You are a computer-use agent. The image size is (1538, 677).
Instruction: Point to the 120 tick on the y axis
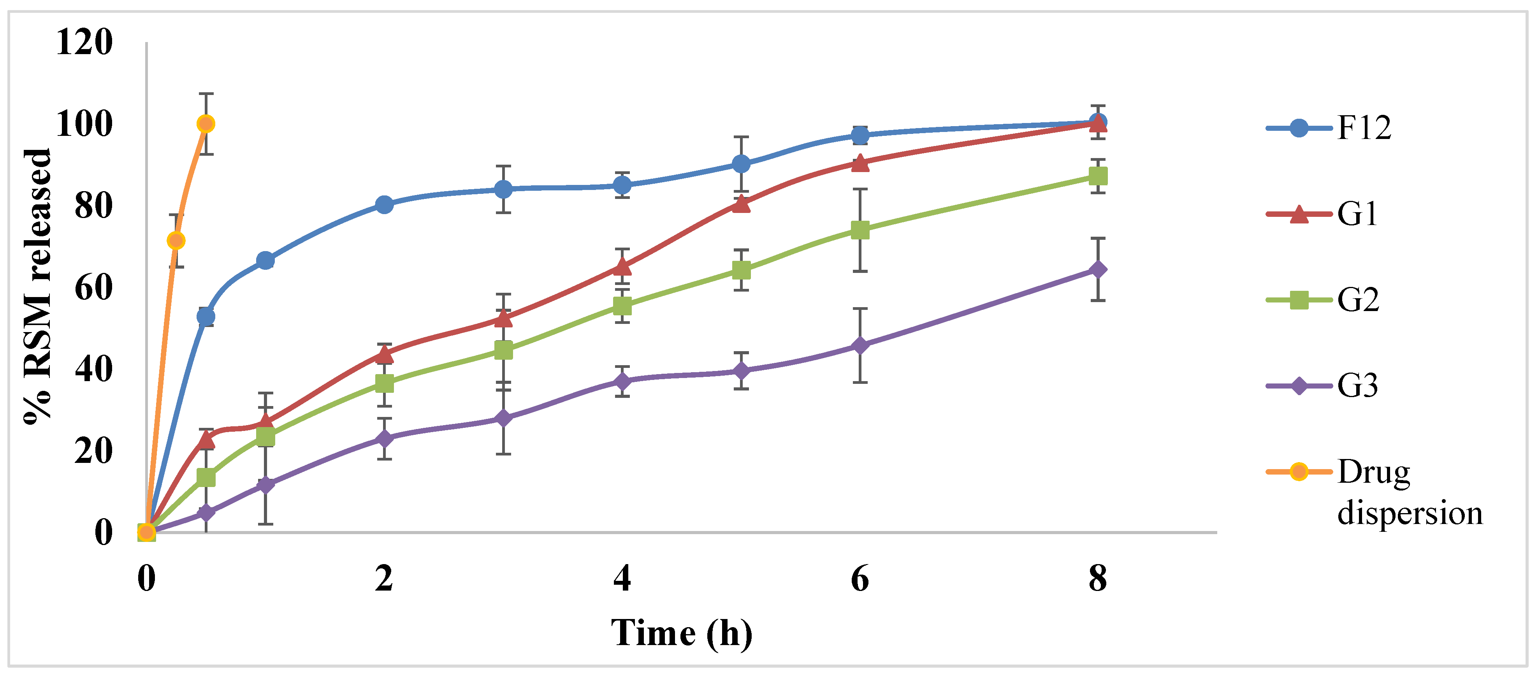pyautogui.click(x=84, y=42)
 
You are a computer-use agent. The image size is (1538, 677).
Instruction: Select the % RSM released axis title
pyautogui.click(x=38, y=287)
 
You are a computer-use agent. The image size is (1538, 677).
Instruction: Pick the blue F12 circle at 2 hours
pyautogui.click(x=384, y=205)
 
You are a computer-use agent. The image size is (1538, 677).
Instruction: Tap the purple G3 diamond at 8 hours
pyautogui.click(x=1097, y=269)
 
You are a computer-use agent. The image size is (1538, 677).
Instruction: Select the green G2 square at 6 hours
pyautogui.click(x=860, y=230)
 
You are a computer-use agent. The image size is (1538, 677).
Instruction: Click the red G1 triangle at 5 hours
pyautogui.click(x=741, y=204)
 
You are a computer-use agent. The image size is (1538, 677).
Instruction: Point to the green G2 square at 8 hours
pyautogui.click(x=1097, y=176)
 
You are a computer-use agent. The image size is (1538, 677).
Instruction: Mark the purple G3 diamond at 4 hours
pyautogui.click(x=622, y=381)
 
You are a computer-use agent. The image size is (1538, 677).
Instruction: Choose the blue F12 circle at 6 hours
pyautogui.click(x=860, y=135)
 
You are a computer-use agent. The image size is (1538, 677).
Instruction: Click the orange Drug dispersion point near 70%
pyautogui.click(x=176, y=241)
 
